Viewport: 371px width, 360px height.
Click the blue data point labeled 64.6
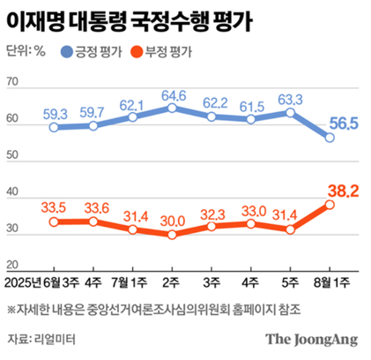click(172, 109)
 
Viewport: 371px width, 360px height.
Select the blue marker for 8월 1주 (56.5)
click(330, 138)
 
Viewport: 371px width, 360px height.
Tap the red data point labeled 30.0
click(172, 235)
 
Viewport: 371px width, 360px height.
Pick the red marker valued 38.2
click(330, 205)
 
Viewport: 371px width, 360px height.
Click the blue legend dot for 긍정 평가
click(67, 52)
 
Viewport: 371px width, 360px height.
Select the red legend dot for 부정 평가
click(137, 52)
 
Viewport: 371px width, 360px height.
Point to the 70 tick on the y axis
click(12, 82)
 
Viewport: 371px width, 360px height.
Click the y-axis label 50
click(12, 155)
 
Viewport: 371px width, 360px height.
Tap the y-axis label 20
click(12, 265)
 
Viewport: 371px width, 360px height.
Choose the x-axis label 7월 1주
click(129, 283)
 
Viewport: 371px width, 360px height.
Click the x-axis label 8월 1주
click(331, 283)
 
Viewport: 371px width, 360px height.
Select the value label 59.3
click(56, 114)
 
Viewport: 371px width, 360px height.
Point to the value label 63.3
click(290, 100)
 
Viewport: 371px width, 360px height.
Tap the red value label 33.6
click(97, 208)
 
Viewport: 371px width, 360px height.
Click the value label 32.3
click(212, 215)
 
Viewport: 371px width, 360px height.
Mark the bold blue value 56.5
click(344, 124)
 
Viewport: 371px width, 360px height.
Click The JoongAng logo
click(312, 340)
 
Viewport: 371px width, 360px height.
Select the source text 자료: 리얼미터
click(41, 339)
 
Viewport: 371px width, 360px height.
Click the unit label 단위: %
click(26, 51)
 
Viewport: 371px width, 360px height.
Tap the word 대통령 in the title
click(98, 21)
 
